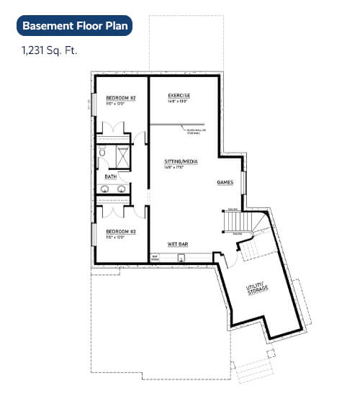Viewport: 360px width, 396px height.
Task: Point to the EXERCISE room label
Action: click(x=179, y=95)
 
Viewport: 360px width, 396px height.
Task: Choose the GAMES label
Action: click(x=225, y=183)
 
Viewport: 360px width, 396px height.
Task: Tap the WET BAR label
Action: click(x=178, y=245)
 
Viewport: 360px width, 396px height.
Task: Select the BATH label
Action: click(x=110, y=176)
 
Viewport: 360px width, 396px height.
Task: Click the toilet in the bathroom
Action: click(x=103, y=153)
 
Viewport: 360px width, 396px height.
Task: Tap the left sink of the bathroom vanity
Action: click(x=104, y=189)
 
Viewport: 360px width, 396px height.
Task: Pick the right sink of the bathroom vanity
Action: click(x=119, y=189)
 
